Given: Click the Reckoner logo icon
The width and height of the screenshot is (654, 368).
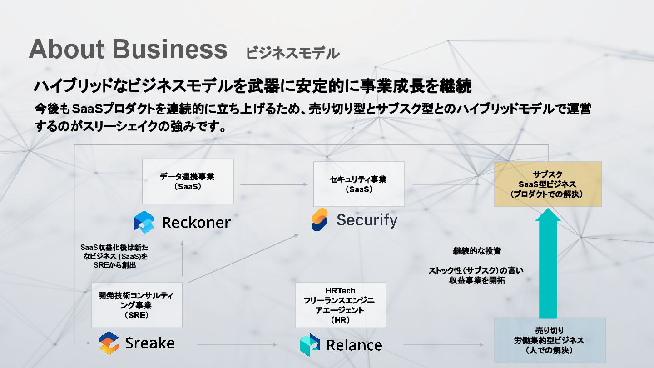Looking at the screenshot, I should (x=144, y=222).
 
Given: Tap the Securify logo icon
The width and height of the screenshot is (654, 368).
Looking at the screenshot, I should (x=320, y=220).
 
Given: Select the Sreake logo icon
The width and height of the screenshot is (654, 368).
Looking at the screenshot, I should (x=109, y=343).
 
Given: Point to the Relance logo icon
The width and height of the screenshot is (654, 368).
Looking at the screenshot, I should (x=310, y=345).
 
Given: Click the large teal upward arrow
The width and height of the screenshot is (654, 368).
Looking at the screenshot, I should (x=548, y=264).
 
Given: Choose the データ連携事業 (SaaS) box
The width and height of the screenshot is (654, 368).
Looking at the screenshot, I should (x=188, y=181).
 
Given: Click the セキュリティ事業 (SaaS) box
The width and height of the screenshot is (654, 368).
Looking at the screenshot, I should (x=359, y=184).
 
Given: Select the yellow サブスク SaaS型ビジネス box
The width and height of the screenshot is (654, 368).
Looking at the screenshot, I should (x=548, y=184).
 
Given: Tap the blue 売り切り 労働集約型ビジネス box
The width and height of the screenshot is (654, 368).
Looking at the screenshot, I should (x=550, y=340).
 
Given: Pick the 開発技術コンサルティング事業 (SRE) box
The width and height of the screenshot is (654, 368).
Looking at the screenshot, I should (x=136, y=305).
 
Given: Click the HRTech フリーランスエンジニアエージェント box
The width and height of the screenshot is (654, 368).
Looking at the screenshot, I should (x=340, y=305).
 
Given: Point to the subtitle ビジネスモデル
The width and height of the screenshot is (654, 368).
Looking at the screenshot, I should (x=292, y=53).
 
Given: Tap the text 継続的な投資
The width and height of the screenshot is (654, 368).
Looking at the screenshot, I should (x=476, y=251).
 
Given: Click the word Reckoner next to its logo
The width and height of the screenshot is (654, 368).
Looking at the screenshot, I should (x=196, y=223).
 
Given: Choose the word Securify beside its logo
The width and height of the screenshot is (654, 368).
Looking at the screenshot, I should (x=367, y=220).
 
